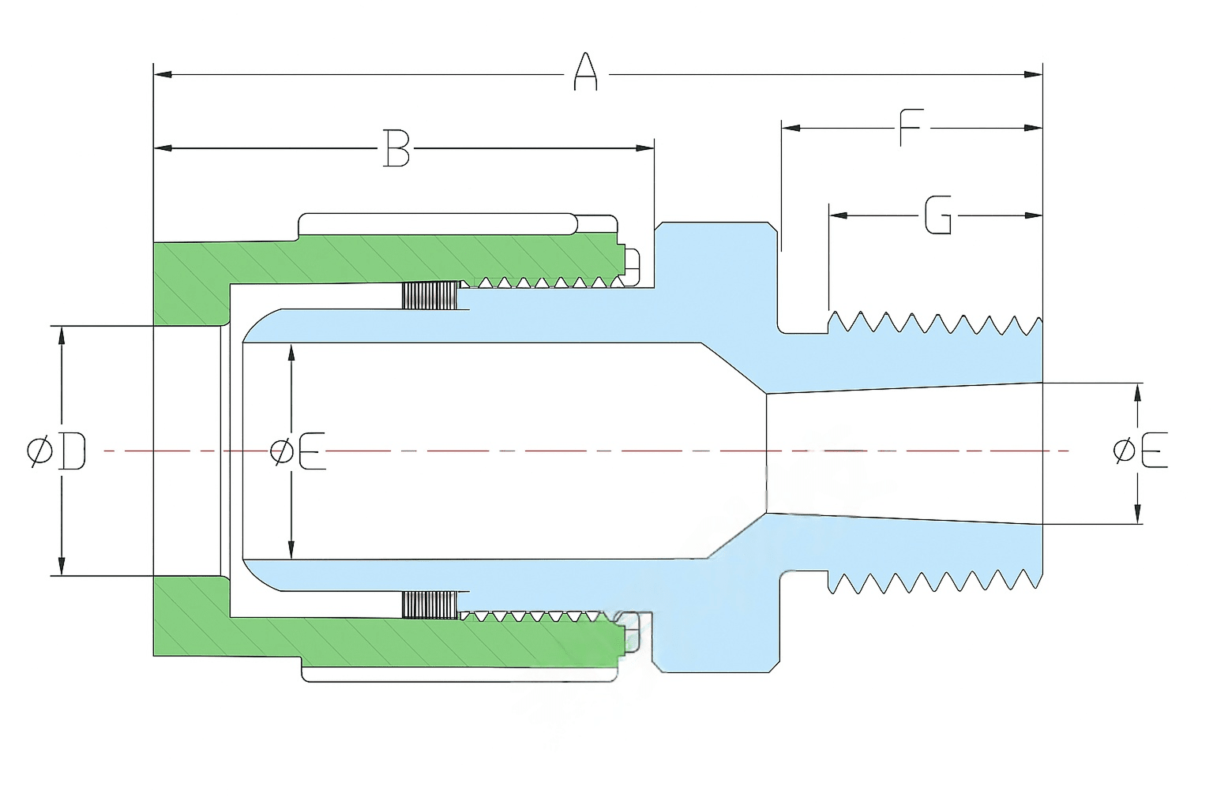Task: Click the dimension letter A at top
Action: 585,72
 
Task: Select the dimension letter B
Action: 396,148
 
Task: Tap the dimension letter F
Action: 911,128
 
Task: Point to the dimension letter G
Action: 937,215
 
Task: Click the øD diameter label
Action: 56,451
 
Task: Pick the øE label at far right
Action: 1140,451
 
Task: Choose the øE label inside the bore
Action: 298,451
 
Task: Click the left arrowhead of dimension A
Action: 163,74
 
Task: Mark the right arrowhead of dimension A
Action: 1033,74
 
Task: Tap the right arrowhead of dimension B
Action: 645,148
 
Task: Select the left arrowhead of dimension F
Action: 791,129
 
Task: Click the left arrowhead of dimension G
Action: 838,215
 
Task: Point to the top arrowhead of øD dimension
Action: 62,335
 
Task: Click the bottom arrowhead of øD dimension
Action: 62,566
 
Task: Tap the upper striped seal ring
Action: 430,295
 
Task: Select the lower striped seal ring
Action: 430,604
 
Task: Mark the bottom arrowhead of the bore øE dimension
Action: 291,550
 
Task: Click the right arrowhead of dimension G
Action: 1033,215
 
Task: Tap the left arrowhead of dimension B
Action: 163,148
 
